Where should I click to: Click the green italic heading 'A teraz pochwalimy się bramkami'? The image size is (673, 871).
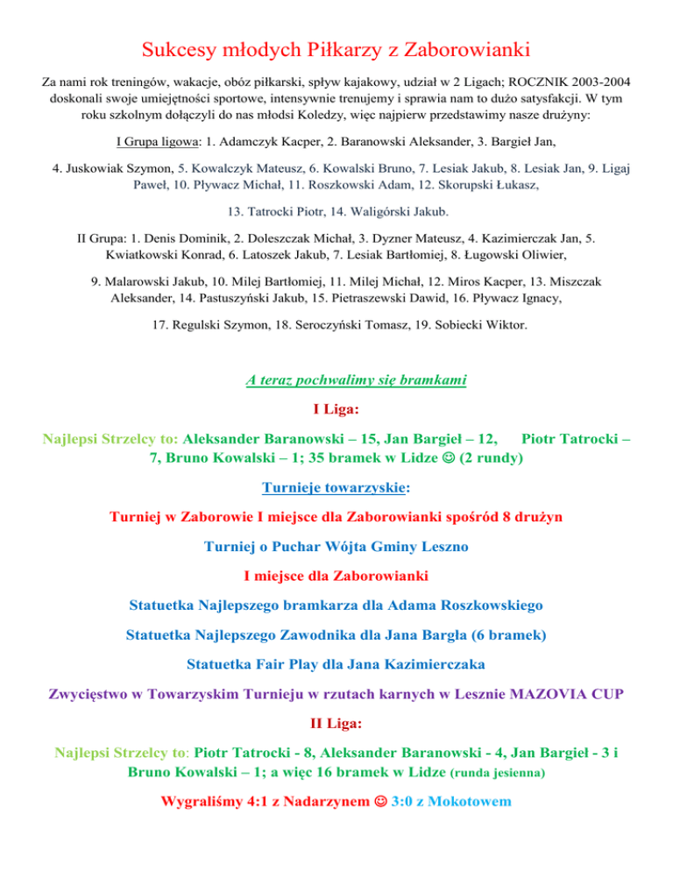point(356,380)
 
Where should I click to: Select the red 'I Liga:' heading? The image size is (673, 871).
point(336,408)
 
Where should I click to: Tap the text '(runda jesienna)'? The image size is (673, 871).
point(497,775)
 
